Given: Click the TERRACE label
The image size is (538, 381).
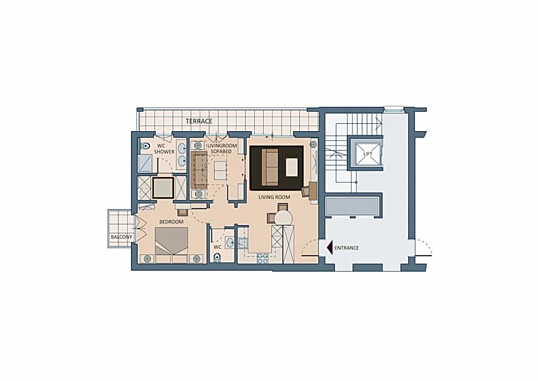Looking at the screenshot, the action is tap(199, 121).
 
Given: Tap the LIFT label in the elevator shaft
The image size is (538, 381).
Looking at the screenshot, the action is tap(367, 154).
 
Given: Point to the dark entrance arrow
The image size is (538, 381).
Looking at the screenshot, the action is tap(330, 248).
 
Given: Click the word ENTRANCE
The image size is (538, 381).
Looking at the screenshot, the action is tap(346, 248).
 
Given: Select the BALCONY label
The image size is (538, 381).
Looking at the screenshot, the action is tap(121, 237).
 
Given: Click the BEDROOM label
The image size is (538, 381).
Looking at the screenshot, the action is tap(171, 222).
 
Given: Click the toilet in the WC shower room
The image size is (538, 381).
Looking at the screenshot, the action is tap(145, 146).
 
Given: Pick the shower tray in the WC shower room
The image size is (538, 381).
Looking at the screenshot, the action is tap(145, 163).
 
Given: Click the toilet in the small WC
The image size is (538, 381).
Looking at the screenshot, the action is tap(217, 257).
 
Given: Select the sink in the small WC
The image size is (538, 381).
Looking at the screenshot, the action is tap(230, 242).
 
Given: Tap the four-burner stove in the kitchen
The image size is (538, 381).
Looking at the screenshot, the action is tap(263, 258).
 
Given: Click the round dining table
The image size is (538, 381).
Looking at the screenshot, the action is tap(283, 218).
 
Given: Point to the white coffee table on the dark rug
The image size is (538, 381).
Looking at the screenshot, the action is tap(292, 167).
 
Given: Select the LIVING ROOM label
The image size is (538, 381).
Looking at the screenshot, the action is tap(274, 197).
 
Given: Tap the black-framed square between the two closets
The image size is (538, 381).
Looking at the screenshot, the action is tap(163, 187).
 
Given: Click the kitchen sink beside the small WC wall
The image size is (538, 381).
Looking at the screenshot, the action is tap(243, 243).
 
